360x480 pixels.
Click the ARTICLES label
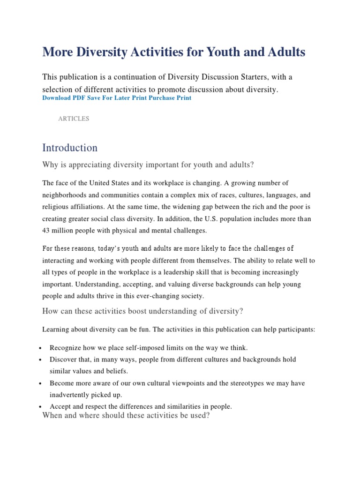tap(74, 119)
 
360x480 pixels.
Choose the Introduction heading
tap(70, 148)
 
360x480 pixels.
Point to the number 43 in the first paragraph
tap(47, 231)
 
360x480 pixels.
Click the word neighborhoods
tap(65, 195)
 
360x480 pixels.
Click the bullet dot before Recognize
tap(42, 348)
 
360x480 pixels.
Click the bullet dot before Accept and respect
tap(42, 407)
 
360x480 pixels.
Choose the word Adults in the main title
tap(287, 52)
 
